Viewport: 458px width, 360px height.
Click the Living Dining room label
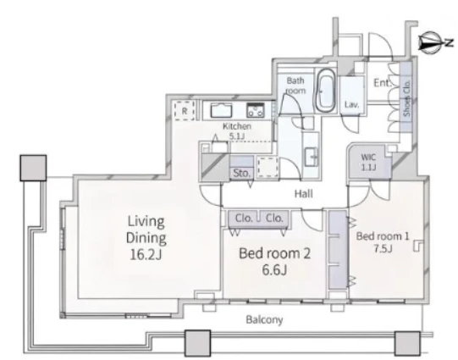pyautogui.click(x=146, y=230)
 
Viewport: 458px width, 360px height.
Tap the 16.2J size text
pyautogui.click(x=146, y=254)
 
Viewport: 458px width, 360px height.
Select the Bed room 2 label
pyautogui.click(x=274, y=253)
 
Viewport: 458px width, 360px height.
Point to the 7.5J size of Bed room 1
pyautogui.click(x=383, y=248)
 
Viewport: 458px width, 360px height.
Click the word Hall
pyautogui.click(x=303, y=193)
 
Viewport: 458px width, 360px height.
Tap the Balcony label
pyautogui.click(x=264, y=319)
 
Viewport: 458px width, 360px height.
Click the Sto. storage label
pyautogui.click(x=241, y=174)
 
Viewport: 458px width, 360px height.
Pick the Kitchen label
pyautogui.click(x=237, y=126)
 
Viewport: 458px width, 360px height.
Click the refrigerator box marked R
pyautogui.click(x=185, y=111)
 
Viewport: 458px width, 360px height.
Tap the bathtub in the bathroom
pyautogui.click(x=325, y=91)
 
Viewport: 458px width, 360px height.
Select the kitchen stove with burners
pyautogui.click(x=256, y=110)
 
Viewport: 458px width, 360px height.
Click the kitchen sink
pyautogui.click(x=222, y=110)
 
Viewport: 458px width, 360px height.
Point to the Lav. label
pyautogui.click(x=351, y=104)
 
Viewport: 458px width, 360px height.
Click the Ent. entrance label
pyautogui.click(x=382, y=83)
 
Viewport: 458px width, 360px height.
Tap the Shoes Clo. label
pyautogui.click(x=406, y=98)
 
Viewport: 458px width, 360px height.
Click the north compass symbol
pyautogui.click(x=430, y=43)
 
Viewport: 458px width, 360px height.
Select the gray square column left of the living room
pyautogui.click(x=33, y=168)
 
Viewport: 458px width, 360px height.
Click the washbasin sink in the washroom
pyautogui.click(x=312, y=157)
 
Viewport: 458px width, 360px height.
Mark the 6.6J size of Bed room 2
pyautogui.click(x=274, y=269)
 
